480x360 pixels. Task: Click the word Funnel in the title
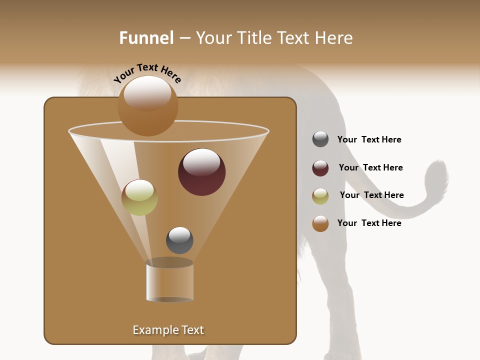click(x=146, y=38)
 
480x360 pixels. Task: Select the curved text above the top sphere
click(x=147, y=73)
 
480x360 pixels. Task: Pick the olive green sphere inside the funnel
click(x=139, y=198)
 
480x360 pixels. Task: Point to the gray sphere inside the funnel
click(x=179, y=240)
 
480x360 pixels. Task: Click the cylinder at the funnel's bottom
click(x=170, y=281)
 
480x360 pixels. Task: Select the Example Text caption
click(x=168, y=330)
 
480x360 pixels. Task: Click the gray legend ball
click(x=320, y=139)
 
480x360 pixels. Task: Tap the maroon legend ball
click(x=320, y=168)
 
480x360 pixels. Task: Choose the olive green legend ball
click(x=320, y=195)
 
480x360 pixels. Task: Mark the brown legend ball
click(x=320, y=223)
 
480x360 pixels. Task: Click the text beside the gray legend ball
click(x=369, y=140)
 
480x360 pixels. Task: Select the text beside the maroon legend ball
click(x=370, y=168)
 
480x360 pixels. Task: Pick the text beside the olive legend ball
click(x=371, y=195)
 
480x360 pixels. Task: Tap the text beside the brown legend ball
click(x=369, y=223)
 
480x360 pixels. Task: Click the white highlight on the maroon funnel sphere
click(x=201, y=162)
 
